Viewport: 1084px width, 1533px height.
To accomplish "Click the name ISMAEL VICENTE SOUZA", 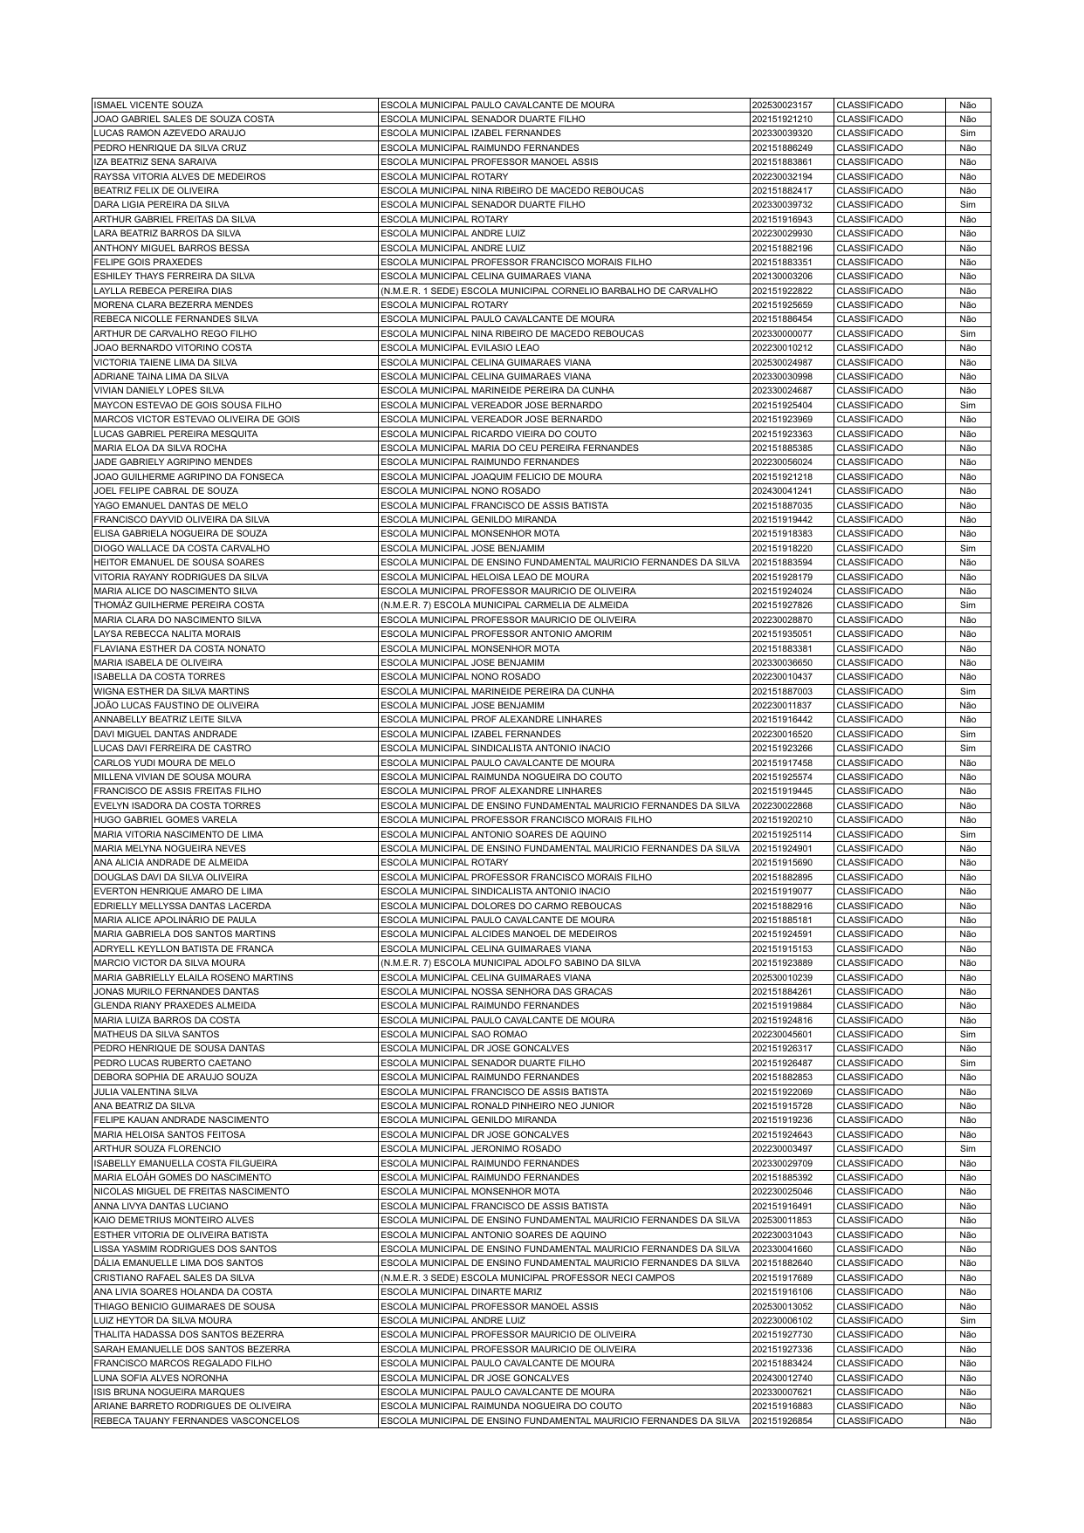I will coord(148,105).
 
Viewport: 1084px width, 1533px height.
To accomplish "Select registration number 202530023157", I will coord(781,105).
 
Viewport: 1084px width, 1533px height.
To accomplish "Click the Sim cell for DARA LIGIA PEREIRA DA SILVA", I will coord(967,205).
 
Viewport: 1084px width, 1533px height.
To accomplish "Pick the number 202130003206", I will coord(781,277).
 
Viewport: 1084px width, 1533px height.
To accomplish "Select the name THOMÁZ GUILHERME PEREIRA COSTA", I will coord(179,606).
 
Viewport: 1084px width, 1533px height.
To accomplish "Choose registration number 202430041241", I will coord(781,491).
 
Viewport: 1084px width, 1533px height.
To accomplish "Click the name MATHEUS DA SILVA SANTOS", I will coord(156,1035).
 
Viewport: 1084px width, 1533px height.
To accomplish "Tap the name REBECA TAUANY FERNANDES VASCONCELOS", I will coord(196,1421).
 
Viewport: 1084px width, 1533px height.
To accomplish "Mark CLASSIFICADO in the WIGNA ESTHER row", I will coord(869,692).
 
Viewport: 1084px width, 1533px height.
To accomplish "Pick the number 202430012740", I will coord(781,1379).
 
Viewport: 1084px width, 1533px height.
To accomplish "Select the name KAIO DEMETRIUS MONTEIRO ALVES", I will coord(174,1221).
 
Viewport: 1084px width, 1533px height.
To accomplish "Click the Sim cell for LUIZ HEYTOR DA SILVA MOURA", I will coord(967,1321).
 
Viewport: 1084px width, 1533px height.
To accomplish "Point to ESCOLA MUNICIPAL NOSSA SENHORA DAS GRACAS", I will coord(497,992).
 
